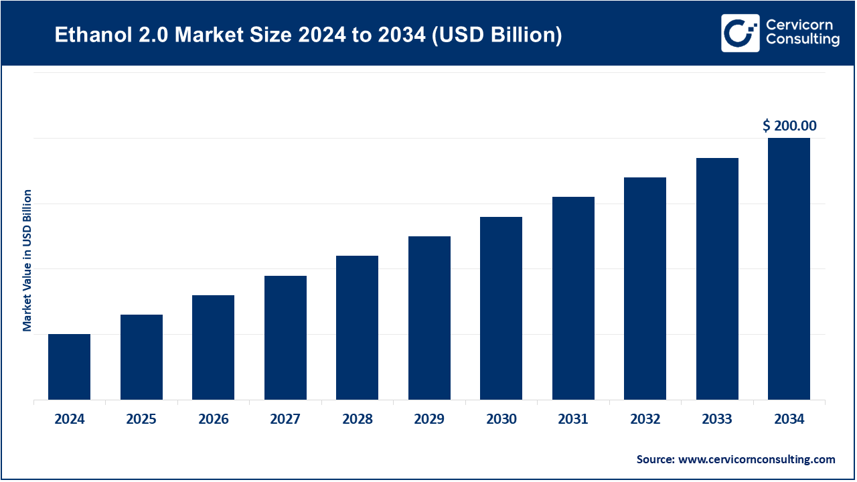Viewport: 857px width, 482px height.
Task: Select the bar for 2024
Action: [69, 367]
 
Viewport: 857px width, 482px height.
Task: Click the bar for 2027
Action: [285, 338]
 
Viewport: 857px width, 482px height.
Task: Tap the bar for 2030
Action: [501, 309]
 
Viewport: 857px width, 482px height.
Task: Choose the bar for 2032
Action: [645, 289]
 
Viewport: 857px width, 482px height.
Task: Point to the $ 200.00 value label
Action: [789, 125]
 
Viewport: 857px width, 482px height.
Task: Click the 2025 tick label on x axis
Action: [141, 420]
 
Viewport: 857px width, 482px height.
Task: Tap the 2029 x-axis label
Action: [429, 420]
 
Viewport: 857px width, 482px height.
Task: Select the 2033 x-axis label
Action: [717, 420]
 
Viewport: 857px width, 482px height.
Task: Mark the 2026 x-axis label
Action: [213, 420]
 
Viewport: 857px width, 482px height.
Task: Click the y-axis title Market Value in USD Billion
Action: [27, 260]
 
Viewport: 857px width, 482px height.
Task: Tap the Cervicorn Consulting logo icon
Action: [740, 33]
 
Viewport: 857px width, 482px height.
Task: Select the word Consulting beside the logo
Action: [802, 40]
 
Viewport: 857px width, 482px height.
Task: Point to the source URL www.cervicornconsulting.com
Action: [757, 459]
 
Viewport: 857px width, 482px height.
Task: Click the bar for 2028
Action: [357, 328]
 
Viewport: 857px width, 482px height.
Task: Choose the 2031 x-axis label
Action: [573, 420]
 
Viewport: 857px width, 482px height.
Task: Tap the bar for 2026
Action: [213, 347]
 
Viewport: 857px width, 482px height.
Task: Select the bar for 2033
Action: [717, 279]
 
